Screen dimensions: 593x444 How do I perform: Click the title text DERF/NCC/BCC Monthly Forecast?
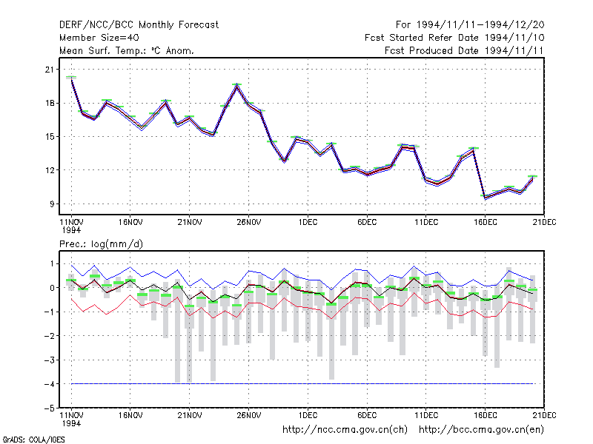click(x=139, y=25)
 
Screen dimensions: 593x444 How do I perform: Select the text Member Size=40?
click(x=99, y=38)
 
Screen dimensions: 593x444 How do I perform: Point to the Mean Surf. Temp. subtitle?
click(x=126, y=50)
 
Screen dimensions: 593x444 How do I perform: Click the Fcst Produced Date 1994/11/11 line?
click(x=464, y=50)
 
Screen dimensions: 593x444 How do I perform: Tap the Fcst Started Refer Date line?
click(x=454, y=38)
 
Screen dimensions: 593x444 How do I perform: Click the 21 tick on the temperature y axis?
click(x=50, y=70)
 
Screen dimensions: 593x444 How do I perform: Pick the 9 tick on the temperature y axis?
click(x=52, y=204)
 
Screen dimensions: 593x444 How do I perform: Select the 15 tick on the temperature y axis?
click(x=50, y=137)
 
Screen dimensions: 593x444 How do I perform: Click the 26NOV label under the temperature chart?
click(x=249, y=222)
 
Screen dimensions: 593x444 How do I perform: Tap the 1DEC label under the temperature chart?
click(x=308, y=222)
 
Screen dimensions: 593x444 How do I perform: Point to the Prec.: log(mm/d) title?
click(x=101, y=244)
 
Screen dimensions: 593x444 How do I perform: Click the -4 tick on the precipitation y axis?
click(x=50, y=384)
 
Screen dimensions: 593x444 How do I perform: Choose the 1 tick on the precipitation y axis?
click(x=52, y=263)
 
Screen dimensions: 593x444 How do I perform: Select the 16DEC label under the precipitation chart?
click(x=486, y=415)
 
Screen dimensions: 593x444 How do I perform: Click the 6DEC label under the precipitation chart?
click(x=367, y=415)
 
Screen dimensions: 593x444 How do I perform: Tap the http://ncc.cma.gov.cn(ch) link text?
click(x=345, y=430)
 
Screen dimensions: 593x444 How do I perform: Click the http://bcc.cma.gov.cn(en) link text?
click(x=481, y=430)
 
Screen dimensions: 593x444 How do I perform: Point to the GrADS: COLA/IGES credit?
click(x=33, y=440)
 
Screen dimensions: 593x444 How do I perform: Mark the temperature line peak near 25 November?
click(x=236, y=86)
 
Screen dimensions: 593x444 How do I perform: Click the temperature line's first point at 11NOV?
click(x=71, y=78)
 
